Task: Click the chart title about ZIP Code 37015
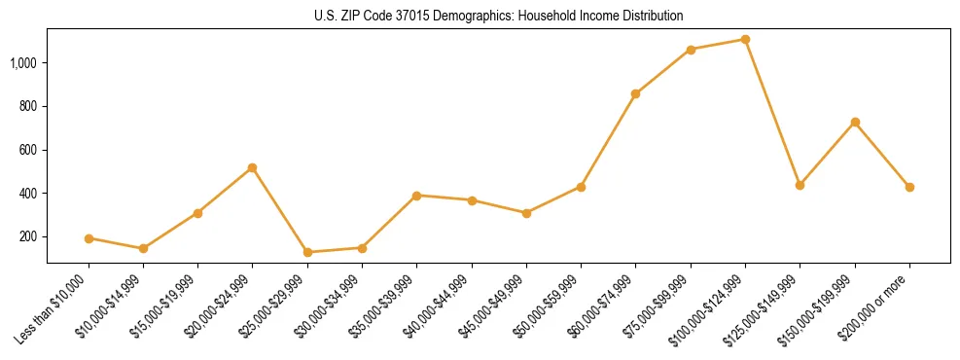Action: [x=498, y=16]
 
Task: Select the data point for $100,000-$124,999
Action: [x=745, y=40]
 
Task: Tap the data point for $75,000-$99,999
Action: [x=691, y=50]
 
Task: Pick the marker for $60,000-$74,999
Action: [x=635, y=94]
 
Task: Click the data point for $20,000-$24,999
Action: [x=252, y=167]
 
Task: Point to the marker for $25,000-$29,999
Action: [x=307, y=252]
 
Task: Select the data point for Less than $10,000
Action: [x=89, y=238]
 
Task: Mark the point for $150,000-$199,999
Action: [x=855, y=122]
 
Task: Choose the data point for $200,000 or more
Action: [x=909, y=187]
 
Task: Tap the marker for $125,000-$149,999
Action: [x=800, y=185]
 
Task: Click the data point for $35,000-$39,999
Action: [x=416, y=196]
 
